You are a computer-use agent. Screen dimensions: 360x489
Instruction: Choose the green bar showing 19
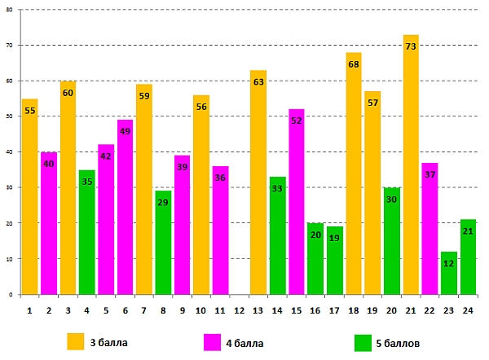(335, 261)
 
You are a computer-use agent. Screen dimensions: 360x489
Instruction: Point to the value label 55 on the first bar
(29, 110)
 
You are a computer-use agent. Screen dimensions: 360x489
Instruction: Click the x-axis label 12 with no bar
(239, 310)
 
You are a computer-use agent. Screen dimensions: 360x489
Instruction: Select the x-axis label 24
(468, 310)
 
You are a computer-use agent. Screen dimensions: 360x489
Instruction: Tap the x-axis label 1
(29, 310)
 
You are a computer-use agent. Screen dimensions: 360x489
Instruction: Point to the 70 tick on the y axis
(11, 46)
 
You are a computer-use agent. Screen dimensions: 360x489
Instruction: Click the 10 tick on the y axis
(11, 259)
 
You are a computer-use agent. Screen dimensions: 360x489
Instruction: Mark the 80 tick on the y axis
(11, 10)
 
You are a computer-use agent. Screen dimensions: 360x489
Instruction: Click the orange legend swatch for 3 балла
(76, 341)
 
